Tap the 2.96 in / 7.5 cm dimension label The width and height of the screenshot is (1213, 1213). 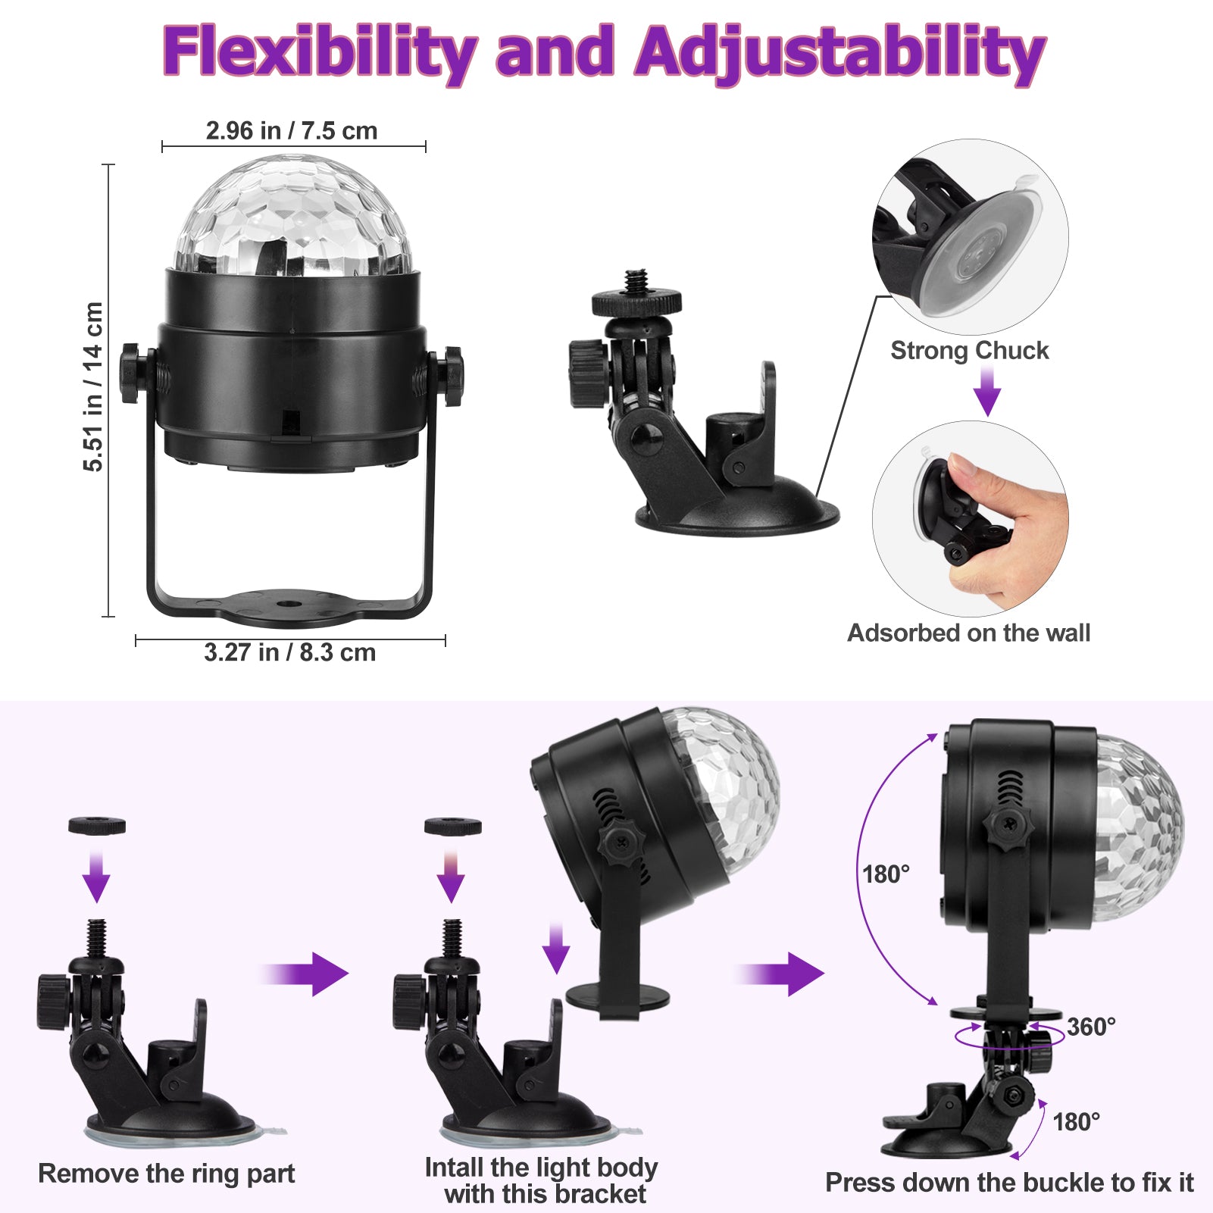click(292, 130)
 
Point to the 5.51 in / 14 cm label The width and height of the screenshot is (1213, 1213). click(93, 386)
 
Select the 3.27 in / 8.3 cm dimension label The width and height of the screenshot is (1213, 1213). click(290, 652)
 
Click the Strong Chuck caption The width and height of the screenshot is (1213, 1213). click(970, 350)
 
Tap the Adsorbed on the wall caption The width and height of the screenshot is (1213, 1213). click(968, 633)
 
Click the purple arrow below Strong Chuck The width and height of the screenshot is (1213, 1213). click(986, 391)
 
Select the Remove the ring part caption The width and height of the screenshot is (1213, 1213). click(167, 1174)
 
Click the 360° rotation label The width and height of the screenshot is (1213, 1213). click(1091, 1027)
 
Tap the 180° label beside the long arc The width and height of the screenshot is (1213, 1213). click(886, 874)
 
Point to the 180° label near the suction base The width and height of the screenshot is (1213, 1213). click(1077, 1122)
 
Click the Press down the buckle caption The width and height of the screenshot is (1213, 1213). click(1009, 1183)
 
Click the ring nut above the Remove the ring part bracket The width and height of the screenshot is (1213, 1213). click(97, 826)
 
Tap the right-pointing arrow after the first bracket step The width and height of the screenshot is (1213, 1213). click(305, 974)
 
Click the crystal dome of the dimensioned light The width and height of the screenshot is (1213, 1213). click(293, 216)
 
